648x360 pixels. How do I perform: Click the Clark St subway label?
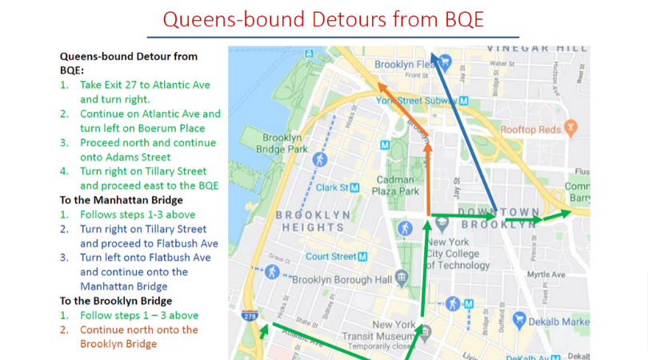(335, 187)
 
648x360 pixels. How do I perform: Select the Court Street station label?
(330, 256)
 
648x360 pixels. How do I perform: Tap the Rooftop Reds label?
(530, 129)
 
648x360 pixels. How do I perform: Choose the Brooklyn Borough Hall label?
(342, 279)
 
